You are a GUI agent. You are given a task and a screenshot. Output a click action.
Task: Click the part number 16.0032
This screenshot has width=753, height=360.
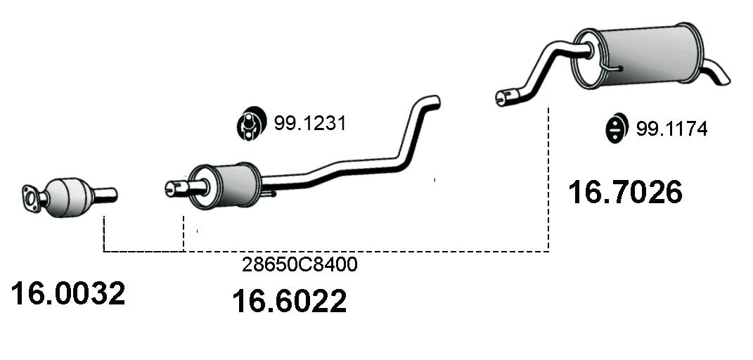67,293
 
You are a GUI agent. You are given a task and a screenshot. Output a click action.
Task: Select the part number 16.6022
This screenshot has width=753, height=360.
289,301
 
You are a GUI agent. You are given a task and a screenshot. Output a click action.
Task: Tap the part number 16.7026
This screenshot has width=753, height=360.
625,192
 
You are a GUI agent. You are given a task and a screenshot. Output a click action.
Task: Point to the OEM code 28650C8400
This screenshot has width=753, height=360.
300,264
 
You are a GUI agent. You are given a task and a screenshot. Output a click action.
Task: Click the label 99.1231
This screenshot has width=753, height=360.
310,123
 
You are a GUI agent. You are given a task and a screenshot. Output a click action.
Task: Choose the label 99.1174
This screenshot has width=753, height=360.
672,129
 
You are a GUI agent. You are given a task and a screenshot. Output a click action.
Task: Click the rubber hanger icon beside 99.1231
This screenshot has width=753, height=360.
251,123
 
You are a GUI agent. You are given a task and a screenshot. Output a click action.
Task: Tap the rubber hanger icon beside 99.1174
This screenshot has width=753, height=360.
616,128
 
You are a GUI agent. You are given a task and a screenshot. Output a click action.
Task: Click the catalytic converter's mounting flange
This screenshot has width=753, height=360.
31,199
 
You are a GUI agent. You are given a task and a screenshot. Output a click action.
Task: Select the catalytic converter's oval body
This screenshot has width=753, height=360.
69,198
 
